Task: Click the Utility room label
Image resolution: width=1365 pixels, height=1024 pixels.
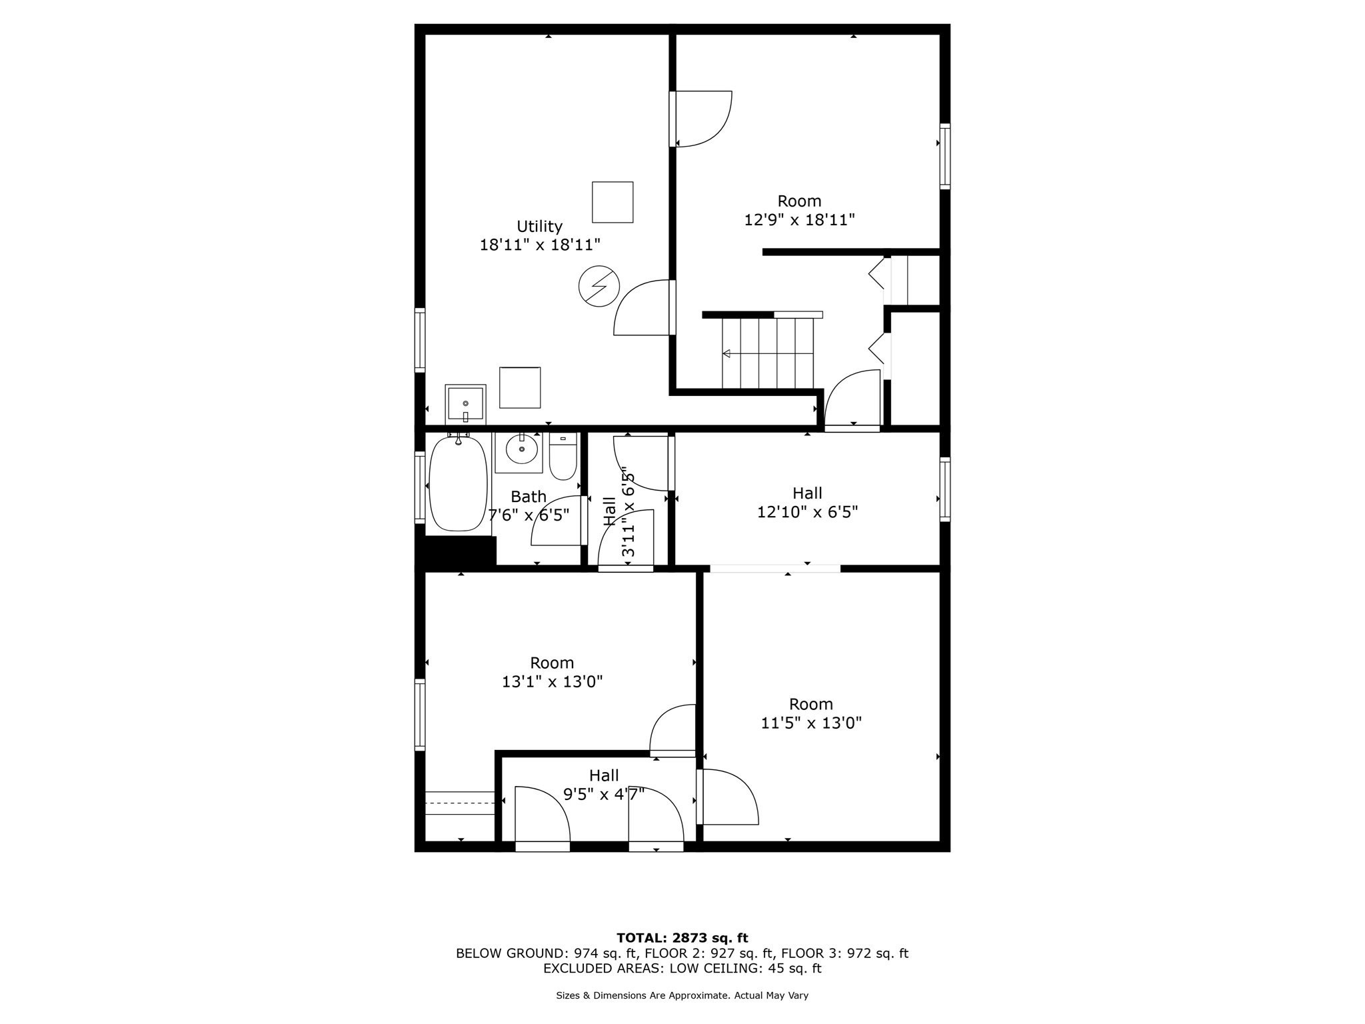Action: pyautogui.click(x=539, y=226)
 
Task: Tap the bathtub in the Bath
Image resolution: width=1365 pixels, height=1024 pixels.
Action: pyautogui.click(x=458, y=483)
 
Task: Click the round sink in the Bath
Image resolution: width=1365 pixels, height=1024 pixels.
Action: pyautogui.click(x=521, y=450)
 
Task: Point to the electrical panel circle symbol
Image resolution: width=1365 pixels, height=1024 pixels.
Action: pyautogui.click(x=599, y=286)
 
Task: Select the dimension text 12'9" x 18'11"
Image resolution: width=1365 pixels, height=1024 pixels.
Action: pyautogui.click(x=799, y=219)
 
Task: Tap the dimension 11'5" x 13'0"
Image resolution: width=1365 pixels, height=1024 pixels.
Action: pyautogui.click(x=811, y=723)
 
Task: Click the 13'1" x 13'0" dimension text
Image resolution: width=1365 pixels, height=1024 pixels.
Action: pyautogui.click(x=552, y=681)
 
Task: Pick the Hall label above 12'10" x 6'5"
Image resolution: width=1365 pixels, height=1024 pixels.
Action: pyautogui.click(x=807, y=493)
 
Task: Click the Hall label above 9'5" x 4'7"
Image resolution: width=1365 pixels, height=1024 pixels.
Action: pyautogui.click(x=604, y=775)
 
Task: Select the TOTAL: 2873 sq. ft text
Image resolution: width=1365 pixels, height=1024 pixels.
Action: pyautogui.click(x=682, y=938)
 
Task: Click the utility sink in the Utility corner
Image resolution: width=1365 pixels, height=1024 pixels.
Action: pyautogui.click(x=465, y=404)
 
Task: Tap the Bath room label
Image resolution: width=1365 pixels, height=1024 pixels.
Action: pyautogui.click(x=529, y=497)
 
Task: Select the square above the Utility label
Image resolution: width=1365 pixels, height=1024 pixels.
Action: pyautogui.click(x=613, y=202)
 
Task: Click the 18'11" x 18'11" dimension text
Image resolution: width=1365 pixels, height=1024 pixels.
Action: pyautogui.click(x=540, y=245)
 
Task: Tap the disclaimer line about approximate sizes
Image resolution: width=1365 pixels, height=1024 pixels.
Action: pyautogui.click(x=682, y=995)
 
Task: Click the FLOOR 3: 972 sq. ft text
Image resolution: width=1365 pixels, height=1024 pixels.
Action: pyautogui.click(x=844, y=953)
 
